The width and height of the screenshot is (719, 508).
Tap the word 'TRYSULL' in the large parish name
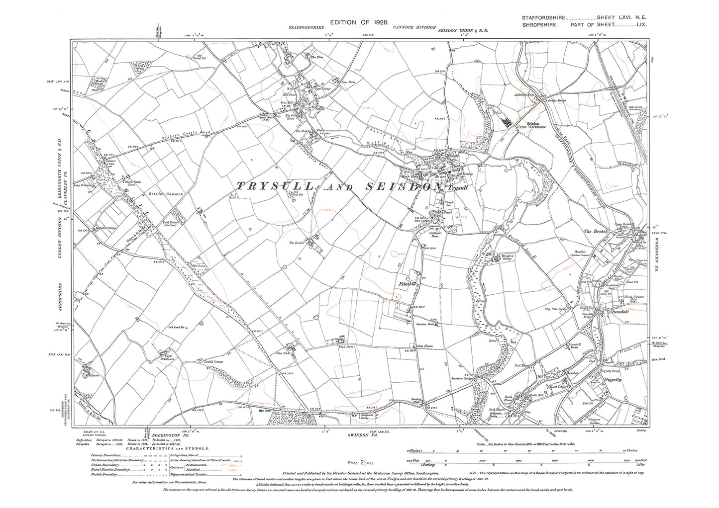pyautogui.click(x=274, y=186)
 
